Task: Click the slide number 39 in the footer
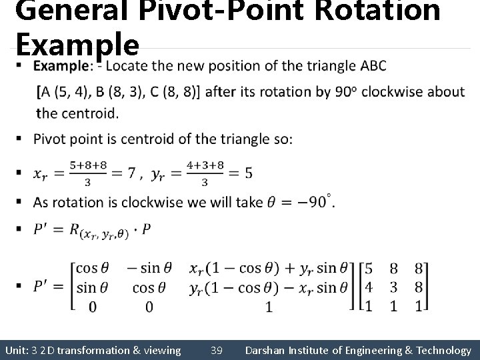pos(217,350)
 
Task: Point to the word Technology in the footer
pos(440,350)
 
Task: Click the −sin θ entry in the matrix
pos(149,268)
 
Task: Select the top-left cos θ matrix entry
pos(91,268)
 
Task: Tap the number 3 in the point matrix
pos(394,287)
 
